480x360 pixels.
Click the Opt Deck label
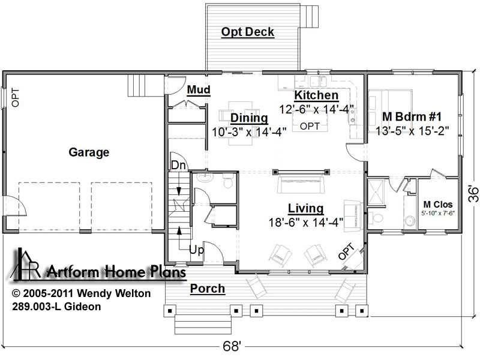tap(247, 32)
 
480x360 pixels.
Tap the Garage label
tap(89, 152)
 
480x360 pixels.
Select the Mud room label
tap(199, 89)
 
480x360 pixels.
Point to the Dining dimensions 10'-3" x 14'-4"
tap(249, 132)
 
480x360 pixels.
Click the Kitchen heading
tap(316, 95)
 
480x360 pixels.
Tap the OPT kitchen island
tap(310, 122)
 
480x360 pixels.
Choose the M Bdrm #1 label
tap(412, 116)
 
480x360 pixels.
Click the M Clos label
tap(438, 204)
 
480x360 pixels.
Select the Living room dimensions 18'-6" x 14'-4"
tap(306, 222)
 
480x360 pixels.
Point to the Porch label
tap(208, 289)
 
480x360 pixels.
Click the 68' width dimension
tap(232, 347)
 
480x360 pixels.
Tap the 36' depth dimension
tap(473, 194)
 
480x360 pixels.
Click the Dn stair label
tap(178, 166)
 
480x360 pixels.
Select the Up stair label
tap(196, 250)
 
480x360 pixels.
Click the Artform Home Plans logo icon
tap(25, 264)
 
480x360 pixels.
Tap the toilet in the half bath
tap(228, 181)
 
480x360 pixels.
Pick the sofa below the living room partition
tap(301, 184)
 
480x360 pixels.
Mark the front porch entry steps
tap(203, 325)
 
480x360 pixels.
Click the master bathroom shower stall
tap(376, 192)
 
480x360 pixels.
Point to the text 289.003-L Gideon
tap(56, 307)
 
